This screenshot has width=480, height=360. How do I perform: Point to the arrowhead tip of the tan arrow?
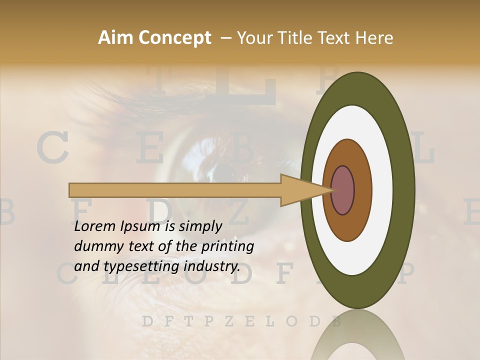(x=332, y=190)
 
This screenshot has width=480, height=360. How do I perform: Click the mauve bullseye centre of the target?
(x=343, y=190)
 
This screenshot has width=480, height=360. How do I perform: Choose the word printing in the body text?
(x=228, y=246)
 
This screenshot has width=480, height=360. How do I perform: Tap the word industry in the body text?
(x=212, y=266)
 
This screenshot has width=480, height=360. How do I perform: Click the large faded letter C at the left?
(x=52, y=149)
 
